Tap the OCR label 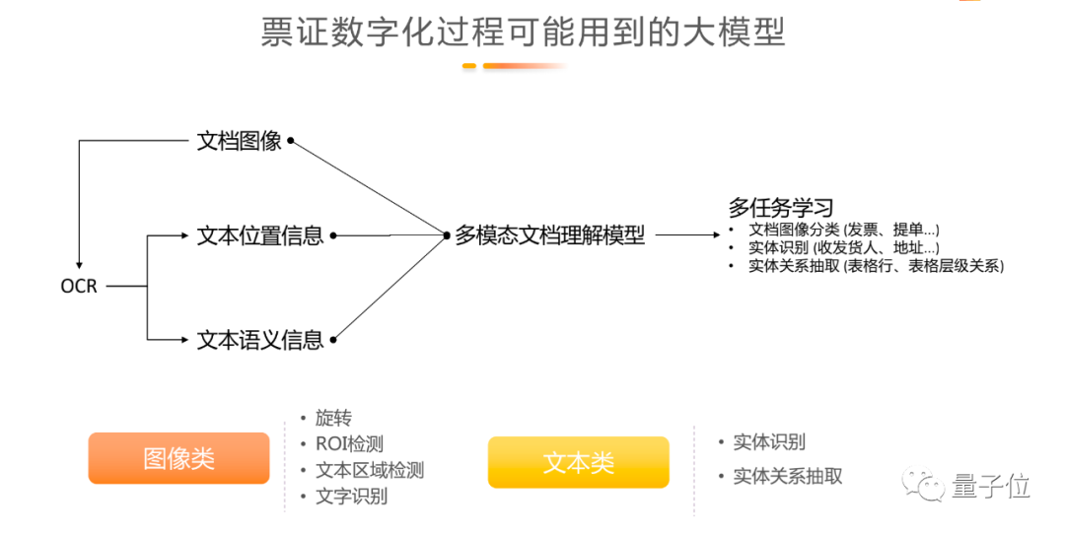[79, 287]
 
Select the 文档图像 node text [240, 141]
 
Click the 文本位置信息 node [260, 235]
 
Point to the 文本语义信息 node [260, 340]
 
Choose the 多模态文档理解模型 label [549, 235]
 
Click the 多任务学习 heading [781, 208]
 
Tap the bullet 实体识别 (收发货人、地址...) [844, 247]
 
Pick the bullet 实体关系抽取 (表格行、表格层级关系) [876, 265]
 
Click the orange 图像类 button [178, 458]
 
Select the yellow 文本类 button [578, 462]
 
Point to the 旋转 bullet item [333, 419]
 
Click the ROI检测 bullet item [349, 444]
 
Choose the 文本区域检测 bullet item [369, 471]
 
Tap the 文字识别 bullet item [351, 497]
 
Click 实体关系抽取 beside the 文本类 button [788, 476]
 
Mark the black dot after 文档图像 [291, 141]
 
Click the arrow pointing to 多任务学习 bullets [688, 235]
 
